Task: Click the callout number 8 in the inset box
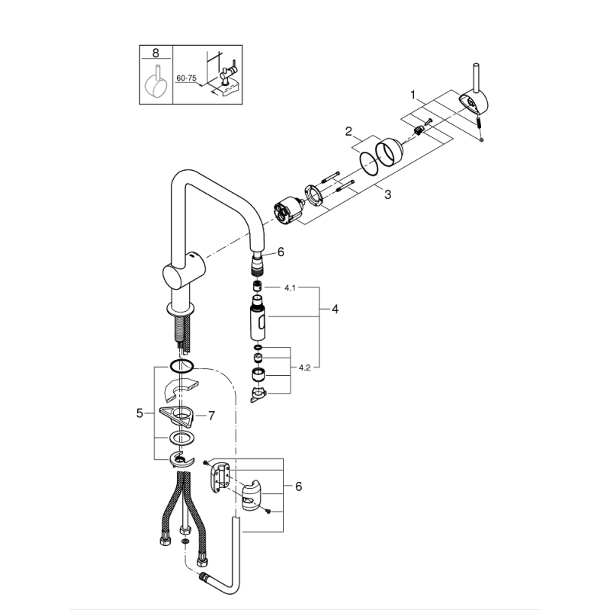tap(156, 53)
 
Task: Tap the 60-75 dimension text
tap(186, 78)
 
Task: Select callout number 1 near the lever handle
tap(413, 95)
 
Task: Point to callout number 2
tap(348, 131)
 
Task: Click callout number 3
tap(387, 194)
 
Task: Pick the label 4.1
tap(291, 288)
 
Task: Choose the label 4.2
tap(304, 368)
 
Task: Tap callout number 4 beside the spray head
tap(335, 310)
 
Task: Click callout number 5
tap(140, 413)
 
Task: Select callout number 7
tap(211, 416)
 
